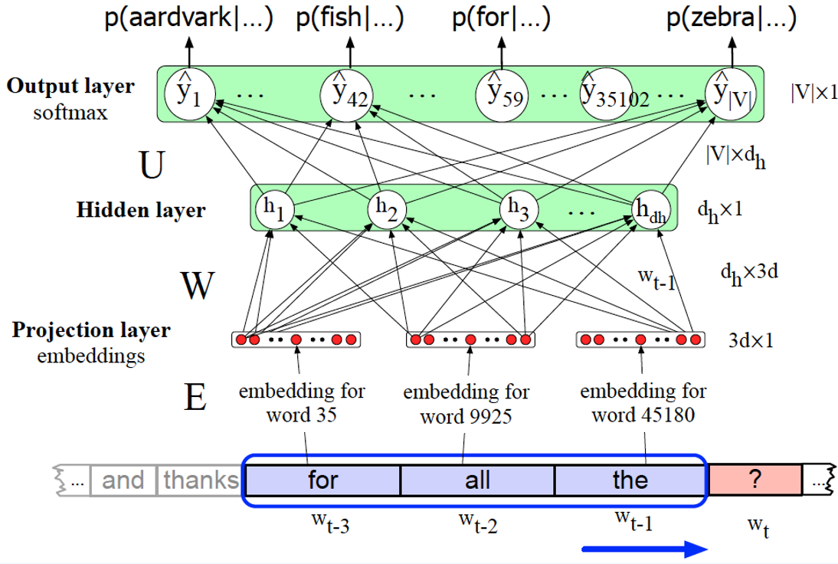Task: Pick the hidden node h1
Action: tap(273, 208)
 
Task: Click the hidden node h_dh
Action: tap(650, 208)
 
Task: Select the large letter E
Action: tap(195, 398)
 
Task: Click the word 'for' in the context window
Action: tap(322, 480)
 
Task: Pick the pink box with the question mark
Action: tap(755, 480)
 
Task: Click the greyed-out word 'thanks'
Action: tap(201, 480)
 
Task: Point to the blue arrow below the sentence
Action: tap(643, 548)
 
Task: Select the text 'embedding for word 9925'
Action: tap(466, 405)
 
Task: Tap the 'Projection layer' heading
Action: tap(91, 330)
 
